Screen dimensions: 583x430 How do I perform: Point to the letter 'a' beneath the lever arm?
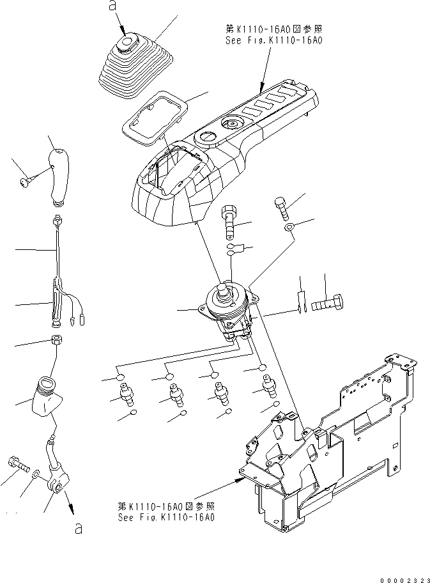(78, 530)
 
